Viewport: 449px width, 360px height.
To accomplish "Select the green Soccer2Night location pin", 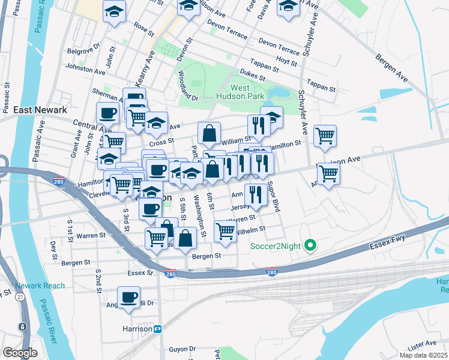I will click(x=310, y=245).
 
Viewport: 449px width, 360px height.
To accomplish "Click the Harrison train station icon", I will click(x=158, y=328).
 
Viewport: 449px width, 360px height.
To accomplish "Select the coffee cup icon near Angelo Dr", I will click(x=128, y=297).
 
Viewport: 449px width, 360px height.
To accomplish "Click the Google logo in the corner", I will click(x=20, y=353).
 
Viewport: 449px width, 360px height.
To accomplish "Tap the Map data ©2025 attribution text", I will click(x=423, y=355).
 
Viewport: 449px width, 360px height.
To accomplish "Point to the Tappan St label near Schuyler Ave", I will click(x=321, y=86).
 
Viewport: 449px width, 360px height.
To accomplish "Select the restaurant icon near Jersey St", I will click(x=255, y=194).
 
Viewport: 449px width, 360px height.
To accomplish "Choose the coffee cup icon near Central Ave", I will click(x=109, y=112).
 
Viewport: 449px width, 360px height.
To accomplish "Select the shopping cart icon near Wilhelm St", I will click(x=225, y=230).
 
